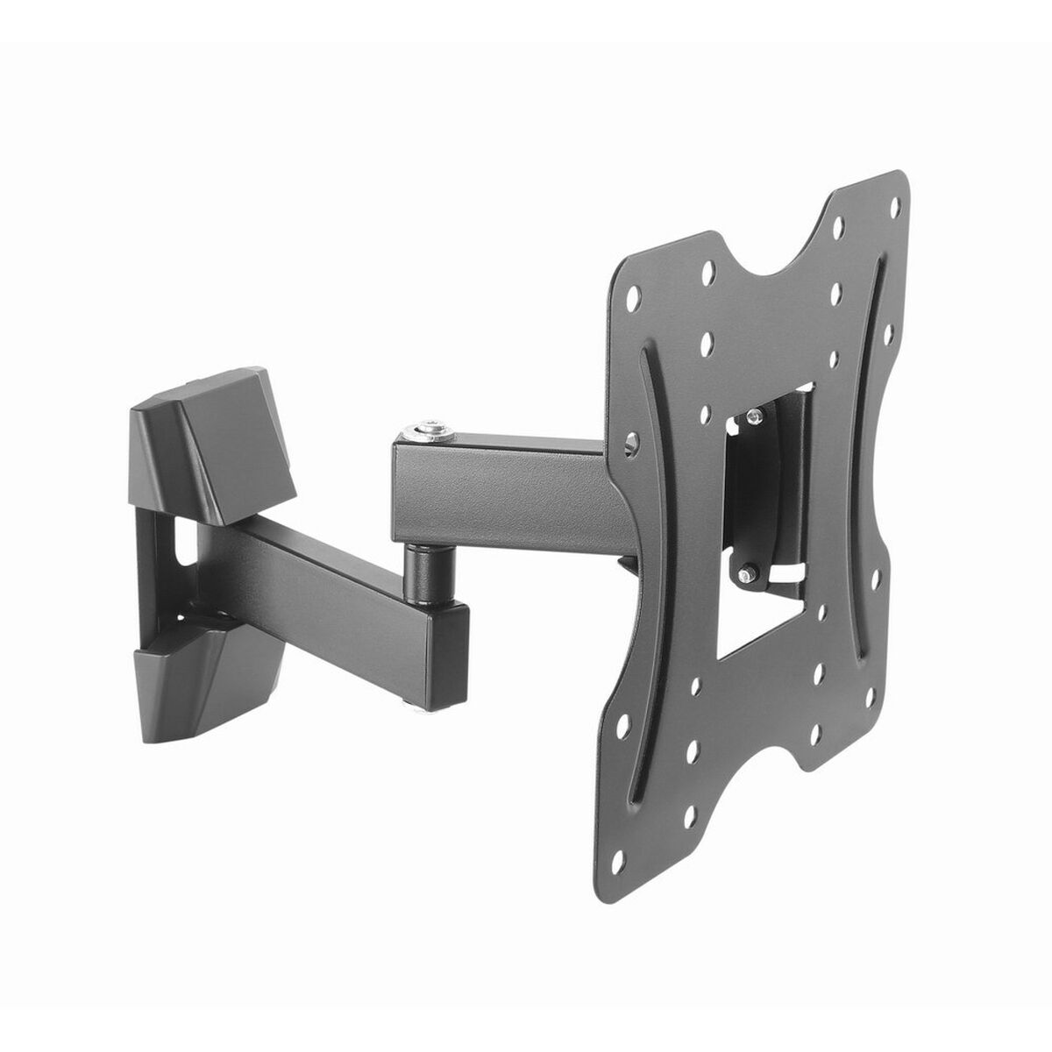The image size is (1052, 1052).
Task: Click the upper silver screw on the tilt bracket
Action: point(752,418)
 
